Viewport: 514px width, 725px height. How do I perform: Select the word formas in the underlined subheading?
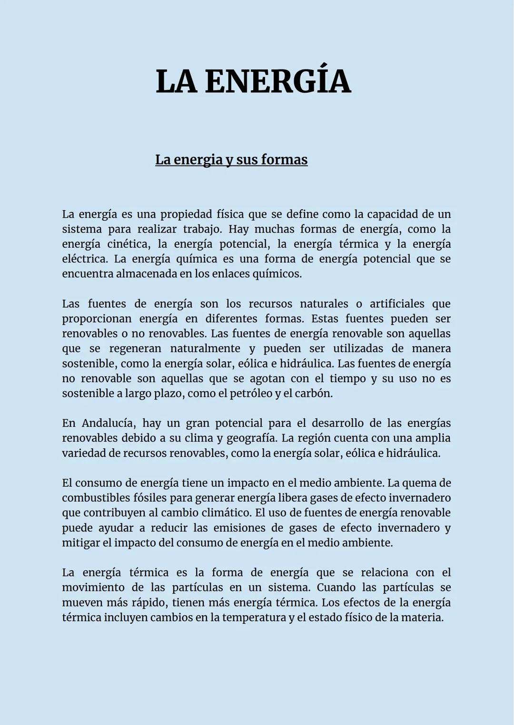pyautogui.click(x=284, y=160)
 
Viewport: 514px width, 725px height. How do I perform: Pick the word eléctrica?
pyautogui.click(x=84, y=259)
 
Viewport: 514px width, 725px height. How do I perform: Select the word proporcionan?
pyautogui.click(x=97, y=319)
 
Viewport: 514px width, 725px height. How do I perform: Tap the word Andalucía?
pyautogui.click(x=109, y=423)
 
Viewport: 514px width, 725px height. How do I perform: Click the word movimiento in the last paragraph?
pyautogui.click(x=93, y=588)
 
